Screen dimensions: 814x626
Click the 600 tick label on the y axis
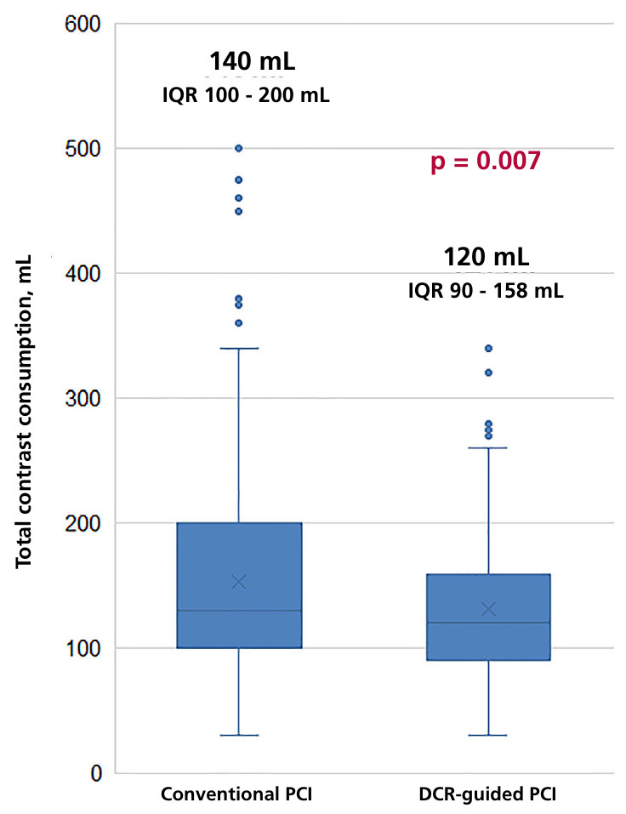(x=83, y=25)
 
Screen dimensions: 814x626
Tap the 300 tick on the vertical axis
(x=83, y=398)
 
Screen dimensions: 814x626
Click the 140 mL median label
(x=252, y=62)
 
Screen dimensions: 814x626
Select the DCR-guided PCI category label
(x=488, y=794)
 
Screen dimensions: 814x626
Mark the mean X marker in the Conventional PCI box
(x=239, y=582)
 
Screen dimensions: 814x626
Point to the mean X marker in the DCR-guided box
(x=488, y=609)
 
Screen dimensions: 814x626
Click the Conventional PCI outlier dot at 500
(x=239, y=148)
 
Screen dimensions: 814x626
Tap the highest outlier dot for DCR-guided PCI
(x=488, y=348)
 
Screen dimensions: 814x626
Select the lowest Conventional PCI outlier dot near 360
(x=239, y=323)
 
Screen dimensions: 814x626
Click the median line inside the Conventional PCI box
(x=239, y=611)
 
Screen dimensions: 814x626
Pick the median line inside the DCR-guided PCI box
(x=488, y=623)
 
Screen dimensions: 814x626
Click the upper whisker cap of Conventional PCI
(x=239, y=348)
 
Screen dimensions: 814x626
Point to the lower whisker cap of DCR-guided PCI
(x=488, y=735)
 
